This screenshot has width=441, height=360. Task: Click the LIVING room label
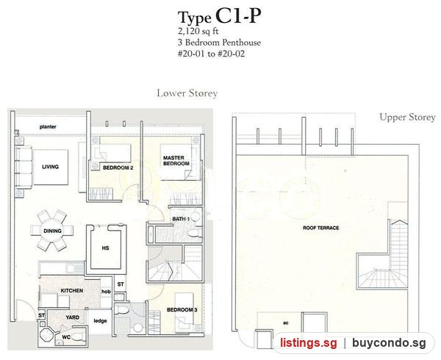point(50,167)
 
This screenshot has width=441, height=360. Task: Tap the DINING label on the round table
point(52,231)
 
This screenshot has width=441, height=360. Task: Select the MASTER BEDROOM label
point(176,160)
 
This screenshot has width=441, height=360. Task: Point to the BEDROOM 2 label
point(118,168)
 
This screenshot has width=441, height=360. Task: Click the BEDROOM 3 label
point(182,310)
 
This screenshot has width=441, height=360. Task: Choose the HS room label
point(105,248)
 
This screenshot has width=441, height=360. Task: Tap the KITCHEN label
point(72,291)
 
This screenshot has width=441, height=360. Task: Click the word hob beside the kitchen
point(106,292)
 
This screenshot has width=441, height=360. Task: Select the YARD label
point(72,317)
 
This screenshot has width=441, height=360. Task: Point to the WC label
point(66,336)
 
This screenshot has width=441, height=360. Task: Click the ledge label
point(100,321)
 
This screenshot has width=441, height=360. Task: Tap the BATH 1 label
point(181,219)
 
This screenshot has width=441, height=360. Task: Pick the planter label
point(48,127)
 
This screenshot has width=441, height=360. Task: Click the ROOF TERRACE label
point(321,228)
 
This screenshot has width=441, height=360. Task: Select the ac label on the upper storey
point(286,323)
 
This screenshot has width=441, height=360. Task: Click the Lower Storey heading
point(187,93)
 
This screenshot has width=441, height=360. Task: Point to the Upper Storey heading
point(407,118)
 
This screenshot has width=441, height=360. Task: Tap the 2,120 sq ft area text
point(198,31)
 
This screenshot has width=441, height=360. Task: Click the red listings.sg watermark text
point(308,343)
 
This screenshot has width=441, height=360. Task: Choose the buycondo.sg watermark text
point(390,343)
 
